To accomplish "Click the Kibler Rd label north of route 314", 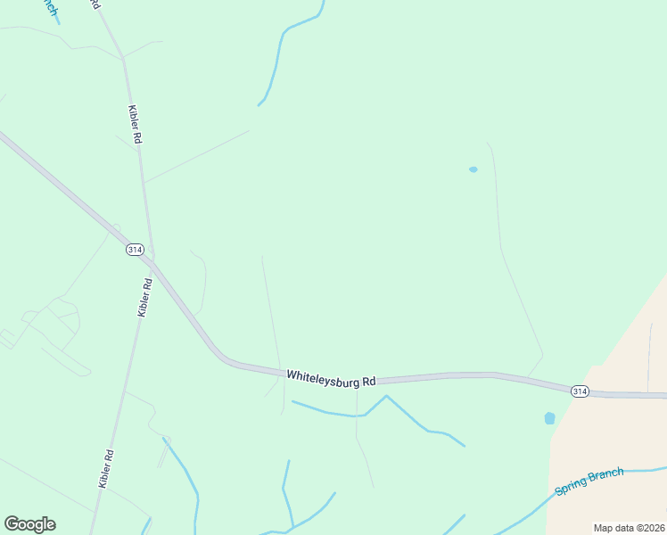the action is point(136,124).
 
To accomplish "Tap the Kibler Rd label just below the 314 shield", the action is point(144,298).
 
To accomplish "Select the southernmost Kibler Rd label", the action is point(106,467).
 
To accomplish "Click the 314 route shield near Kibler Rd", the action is point(135,249).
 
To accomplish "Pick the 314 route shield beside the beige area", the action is point(580,391).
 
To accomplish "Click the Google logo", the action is point(29,524).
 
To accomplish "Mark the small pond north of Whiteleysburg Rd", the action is point(473,169).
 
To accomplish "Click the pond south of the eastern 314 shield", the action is point(549,417).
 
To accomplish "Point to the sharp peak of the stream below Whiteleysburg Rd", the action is point(385,396).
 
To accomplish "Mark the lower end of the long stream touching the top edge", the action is point(259,104).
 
